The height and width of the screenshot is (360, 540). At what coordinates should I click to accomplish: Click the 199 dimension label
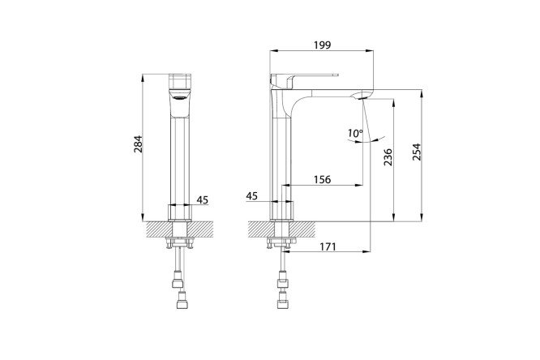click(x=323, y=45)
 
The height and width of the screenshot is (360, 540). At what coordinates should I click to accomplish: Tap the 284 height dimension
click(x=138, y=144)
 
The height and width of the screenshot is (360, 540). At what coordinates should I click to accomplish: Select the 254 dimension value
click(x=417, y=152)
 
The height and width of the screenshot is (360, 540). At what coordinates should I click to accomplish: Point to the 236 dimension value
click(x=388, y=157)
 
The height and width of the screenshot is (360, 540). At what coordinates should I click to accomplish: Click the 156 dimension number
click(x=322, y=179)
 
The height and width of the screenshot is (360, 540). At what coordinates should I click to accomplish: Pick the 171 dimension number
click(x=328, y=246)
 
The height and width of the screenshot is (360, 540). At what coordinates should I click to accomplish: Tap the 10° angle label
click(x=355, y=133)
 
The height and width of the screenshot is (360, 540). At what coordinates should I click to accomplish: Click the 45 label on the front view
click(x=203, y=199)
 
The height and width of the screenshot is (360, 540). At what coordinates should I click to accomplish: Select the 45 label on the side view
click(x=251, y=195)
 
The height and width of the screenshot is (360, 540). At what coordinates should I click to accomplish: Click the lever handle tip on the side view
click(x=337, y=75)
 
